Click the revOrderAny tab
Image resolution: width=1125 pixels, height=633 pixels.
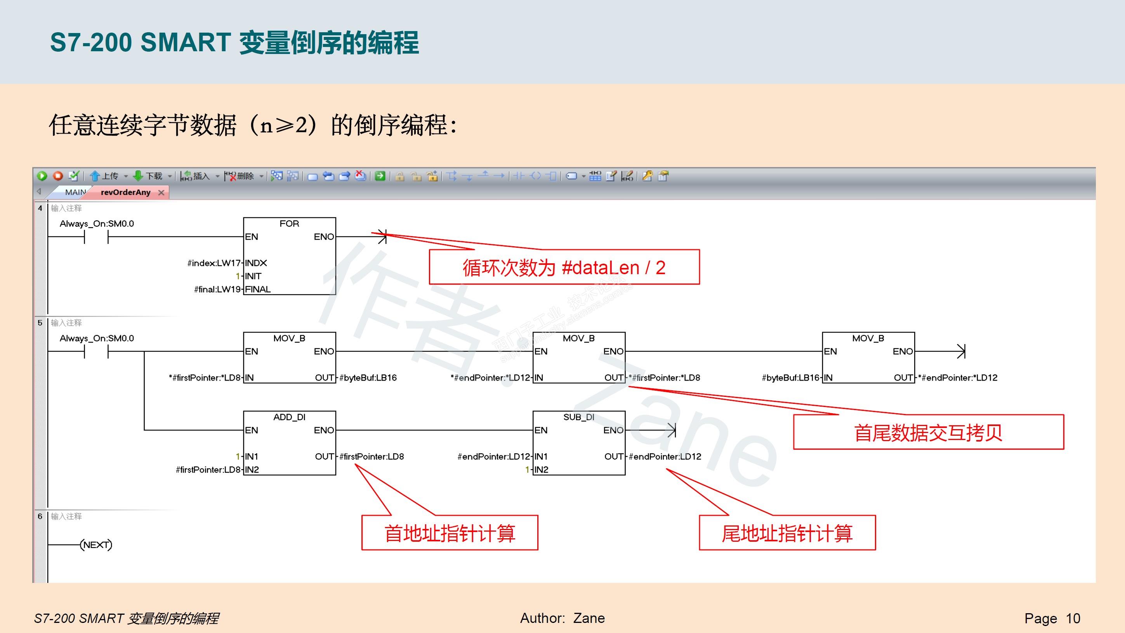point(125,192)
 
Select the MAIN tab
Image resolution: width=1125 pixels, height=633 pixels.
point(75,192)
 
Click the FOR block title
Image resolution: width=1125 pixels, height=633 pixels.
point(289,224)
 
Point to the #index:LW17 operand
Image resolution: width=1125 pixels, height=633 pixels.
point(214,263)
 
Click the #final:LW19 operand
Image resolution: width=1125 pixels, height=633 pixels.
point(217,289)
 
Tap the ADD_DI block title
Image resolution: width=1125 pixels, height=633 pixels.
point(289,417)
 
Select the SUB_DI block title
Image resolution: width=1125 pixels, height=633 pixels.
point(579,417)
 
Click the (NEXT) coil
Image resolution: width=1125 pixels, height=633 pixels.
point(96,545)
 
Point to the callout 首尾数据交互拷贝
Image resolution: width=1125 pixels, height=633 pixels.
point(928,433)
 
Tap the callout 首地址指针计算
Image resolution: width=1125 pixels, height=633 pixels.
point(450,533)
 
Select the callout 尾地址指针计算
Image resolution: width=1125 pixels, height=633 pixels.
point(787,533)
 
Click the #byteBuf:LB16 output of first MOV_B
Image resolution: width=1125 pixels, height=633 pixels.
point(368,378)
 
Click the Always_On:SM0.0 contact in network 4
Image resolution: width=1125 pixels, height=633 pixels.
point(96,237)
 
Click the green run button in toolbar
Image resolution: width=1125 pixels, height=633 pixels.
point(42,176)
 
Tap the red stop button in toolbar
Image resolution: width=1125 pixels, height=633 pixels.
point(57,176)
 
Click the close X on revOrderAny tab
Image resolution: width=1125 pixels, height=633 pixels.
point(161,193)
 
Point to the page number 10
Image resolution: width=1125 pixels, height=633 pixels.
point(1073,619)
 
